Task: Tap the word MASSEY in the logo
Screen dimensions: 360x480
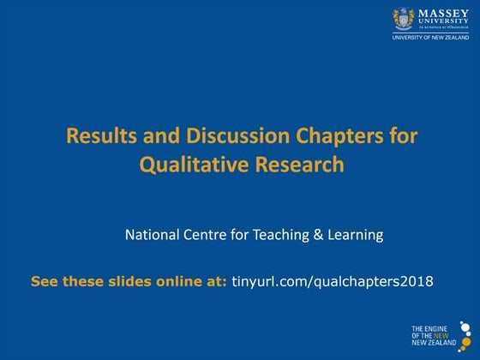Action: point(442,13)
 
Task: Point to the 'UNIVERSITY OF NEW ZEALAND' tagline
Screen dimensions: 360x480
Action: point(430,38)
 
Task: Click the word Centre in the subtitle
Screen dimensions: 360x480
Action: point(208,234)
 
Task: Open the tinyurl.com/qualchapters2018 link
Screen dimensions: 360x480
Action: point(333,281)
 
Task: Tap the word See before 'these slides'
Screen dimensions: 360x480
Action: point(43,281)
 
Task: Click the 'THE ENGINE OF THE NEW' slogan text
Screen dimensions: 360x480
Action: point(430,334)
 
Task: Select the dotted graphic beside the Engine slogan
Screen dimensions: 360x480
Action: point(465,333)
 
